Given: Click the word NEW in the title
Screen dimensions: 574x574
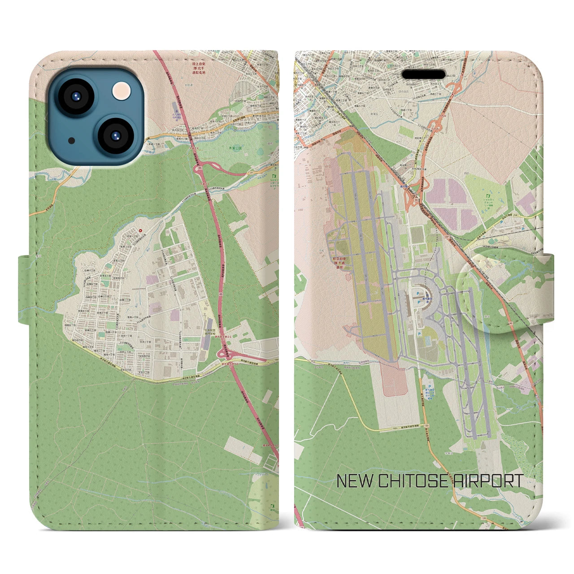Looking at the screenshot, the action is click(354, 481).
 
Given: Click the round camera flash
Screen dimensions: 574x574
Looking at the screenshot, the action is click(122, 91).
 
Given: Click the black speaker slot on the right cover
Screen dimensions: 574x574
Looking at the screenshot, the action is click(426, 74).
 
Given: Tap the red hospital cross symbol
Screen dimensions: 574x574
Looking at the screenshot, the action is click(141, 230).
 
